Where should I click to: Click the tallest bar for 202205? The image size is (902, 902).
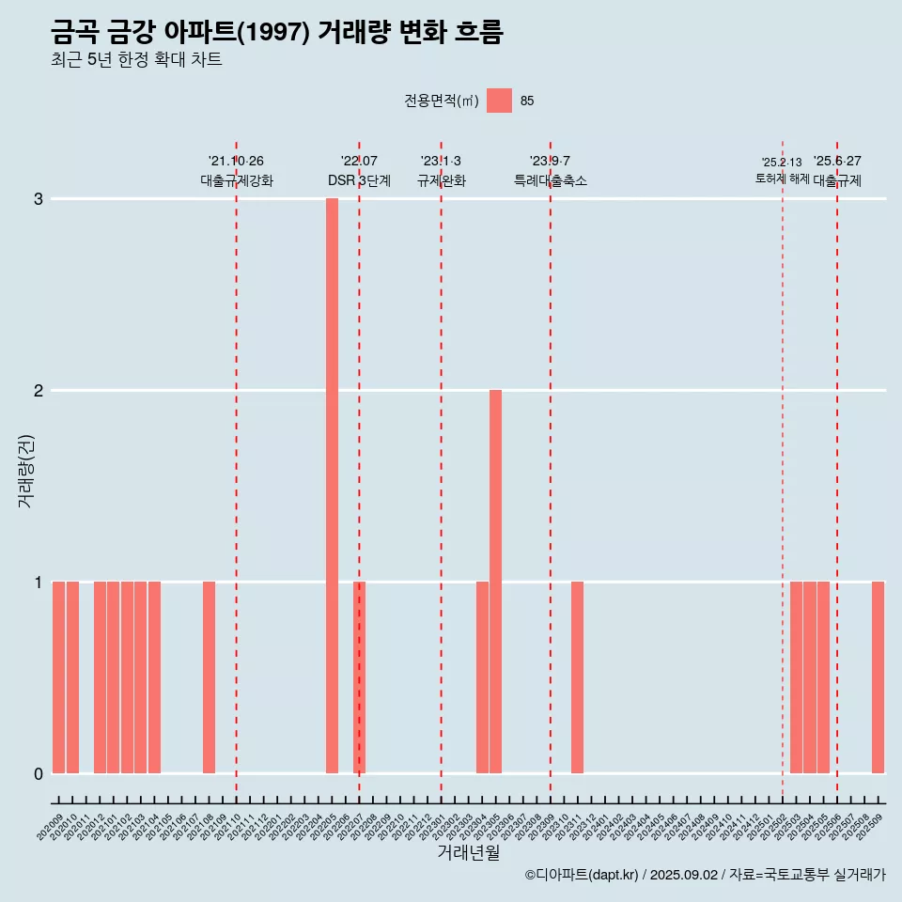pyautogui.click(x=332, y=486)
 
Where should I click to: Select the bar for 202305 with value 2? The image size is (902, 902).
pyautogui.click(x=495, y=582)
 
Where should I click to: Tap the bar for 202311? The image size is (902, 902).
pyautogui.click(x=577, y=677)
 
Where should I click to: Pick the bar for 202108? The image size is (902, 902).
pyautogui.click(x=209, y=677)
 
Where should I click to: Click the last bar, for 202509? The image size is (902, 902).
pyautogui.click(x=878, y=677)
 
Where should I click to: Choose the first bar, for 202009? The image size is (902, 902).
pyautogui.click(x=58, y=677)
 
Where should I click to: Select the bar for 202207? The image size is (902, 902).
pyautogui.click(x=359, y=677)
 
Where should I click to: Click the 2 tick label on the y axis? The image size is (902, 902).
pyautogui.click(x=39, y=391)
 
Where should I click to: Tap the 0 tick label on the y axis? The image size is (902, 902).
pyautogui.click(x=39, y=774)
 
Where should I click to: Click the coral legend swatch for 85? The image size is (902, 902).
pyautogui.click(x=499, y=101)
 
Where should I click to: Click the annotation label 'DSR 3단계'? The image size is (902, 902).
pyautogui.click(x=359, y=180)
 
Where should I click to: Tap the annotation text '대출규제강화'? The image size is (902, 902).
pyautogui.click(x=237, y=180)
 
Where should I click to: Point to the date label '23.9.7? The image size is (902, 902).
pyautogui.click(x=550, y=162)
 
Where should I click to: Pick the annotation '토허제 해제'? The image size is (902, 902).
pyautogui.click(x=782, y=179)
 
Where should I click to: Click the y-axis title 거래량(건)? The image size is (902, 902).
pyautogui.click(x=26, y=471)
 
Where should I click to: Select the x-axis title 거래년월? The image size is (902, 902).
pyautogui.click(x=468, y=852)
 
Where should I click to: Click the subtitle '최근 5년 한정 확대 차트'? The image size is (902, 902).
pyautogui.click(x=136, y=60)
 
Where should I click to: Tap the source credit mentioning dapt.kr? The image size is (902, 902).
pyautogui.click(x=705, y=875)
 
